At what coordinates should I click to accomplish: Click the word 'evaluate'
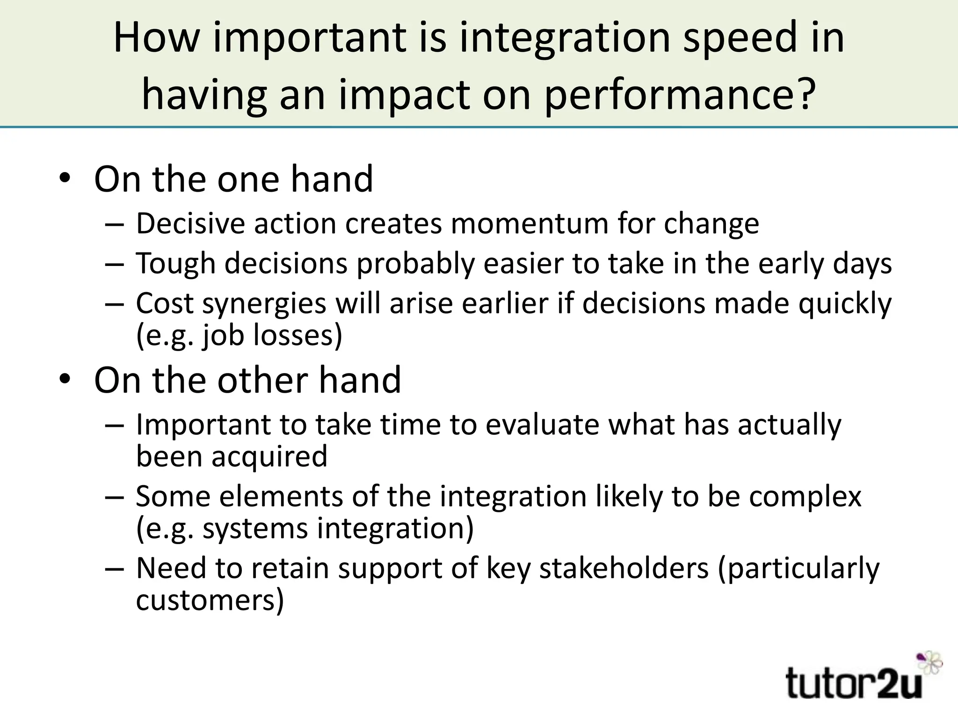(x=542, y=424)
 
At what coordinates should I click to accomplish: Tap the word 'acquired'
(x=269, y=456)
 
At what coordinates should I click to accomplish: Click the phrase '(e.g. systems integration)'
(x=305, y=528)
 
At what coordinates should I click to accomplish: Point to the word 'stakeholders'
(x=624, y=568)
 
